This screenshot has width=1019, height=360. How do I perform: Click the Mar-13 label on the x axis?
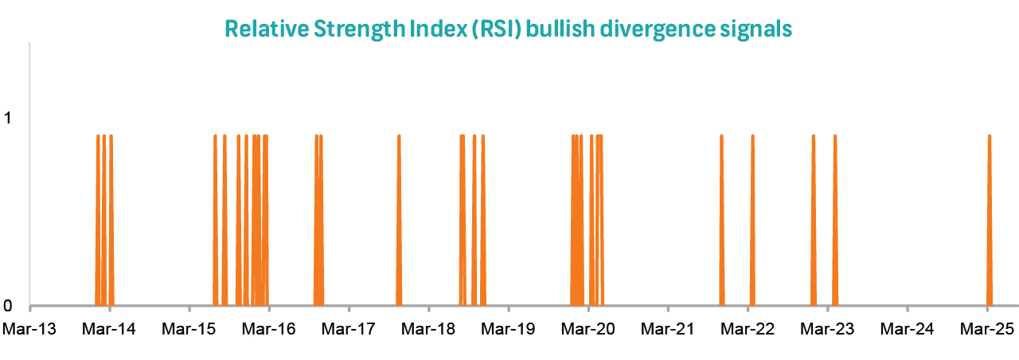[x=30, y=328]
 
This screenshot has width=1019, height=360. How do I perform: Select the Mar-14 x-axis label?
[x=110, y=328]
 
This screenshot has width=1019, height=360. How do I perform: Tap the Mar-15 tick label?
[x=189, y=328]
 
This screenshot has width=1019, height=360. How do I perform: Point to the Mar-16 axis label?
[x=269, y=328]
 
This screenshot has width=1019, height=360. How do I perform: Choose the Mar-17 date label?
[x=349, y=328]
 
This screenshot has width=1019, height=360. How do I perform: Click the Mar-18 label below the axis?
[x=428, y=328]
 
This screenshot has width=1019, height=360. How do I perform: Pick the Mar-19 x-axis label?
[x=509, y=328]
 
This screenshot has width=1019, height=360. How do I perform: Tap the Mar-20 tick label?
[x=588, y=328]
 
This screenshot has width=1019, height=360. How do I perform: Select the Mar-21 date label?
[x=668, y=328]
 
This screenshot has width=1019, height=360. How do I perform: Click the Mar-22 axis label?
[x=748, y=328]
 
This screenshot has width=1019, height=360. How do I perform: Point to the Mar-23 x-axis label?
[x=827, y=328]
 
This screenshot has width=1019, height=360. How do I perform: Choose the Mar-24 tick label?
[x=907, y=328]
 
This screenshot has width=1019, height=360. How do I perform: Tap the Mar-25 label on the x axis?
[x=986, y=328]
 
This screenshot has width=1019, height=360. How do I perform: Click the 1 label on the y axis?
[x=8, y=119]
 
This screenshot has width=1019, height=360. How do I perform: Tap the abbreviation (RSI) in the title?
[x=489, y=29]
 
